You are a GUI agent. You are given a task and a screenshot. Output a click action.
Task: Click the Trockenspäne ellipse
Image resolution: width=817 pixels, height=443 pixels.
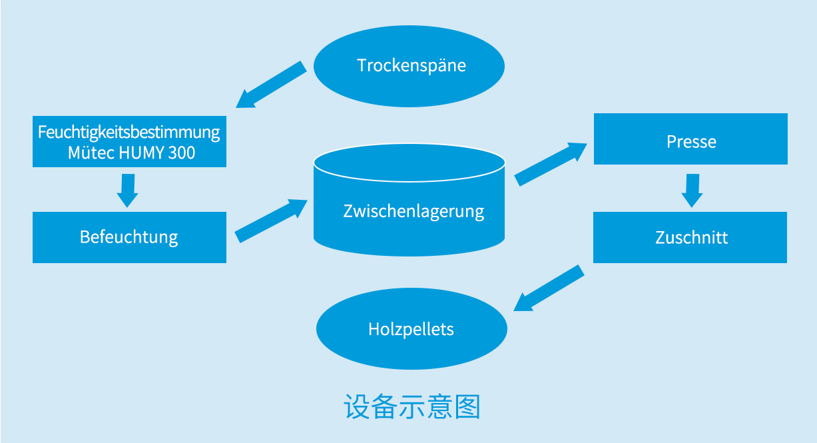click(409, 87)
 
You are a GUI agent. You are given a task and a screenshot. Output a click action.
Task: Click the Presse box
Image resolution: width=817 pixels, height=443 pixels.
click(690, 155)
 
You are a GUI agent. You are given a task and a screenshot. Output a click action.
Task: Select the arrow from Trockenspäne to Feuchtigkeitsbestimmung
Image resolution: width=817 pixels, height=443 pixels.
click(271, 85)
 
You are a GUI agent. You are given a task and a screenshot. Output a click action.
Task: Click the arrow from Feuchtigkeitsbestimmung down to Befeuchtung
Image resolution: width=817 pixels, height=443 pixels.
click(127, 190)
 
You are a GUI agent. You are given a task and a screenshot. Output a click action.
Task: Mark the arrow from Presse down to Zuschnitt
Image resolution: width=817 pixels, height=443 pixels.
click(692, 190)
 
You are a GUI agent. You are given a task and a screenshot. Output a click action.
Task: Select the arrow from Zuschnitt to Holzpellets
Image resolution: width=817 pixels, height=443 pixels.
click(549, 288)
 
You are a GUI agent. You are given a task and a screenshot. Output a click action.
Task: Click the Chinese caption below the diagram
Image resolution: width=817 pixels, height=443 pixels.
click(412, 407)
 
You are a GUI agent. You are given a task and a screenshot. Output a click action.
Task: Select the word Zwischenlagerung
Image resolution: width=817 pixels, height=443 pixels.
click(413, 212)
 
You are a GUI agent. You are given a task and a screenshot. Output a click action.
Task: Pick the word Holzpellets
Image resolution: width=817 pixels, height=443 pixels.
click(411, 329)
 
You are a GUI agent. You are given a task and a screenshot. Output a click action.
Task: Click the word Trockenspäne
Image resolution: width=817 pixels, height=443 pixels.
click(411, 65)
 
